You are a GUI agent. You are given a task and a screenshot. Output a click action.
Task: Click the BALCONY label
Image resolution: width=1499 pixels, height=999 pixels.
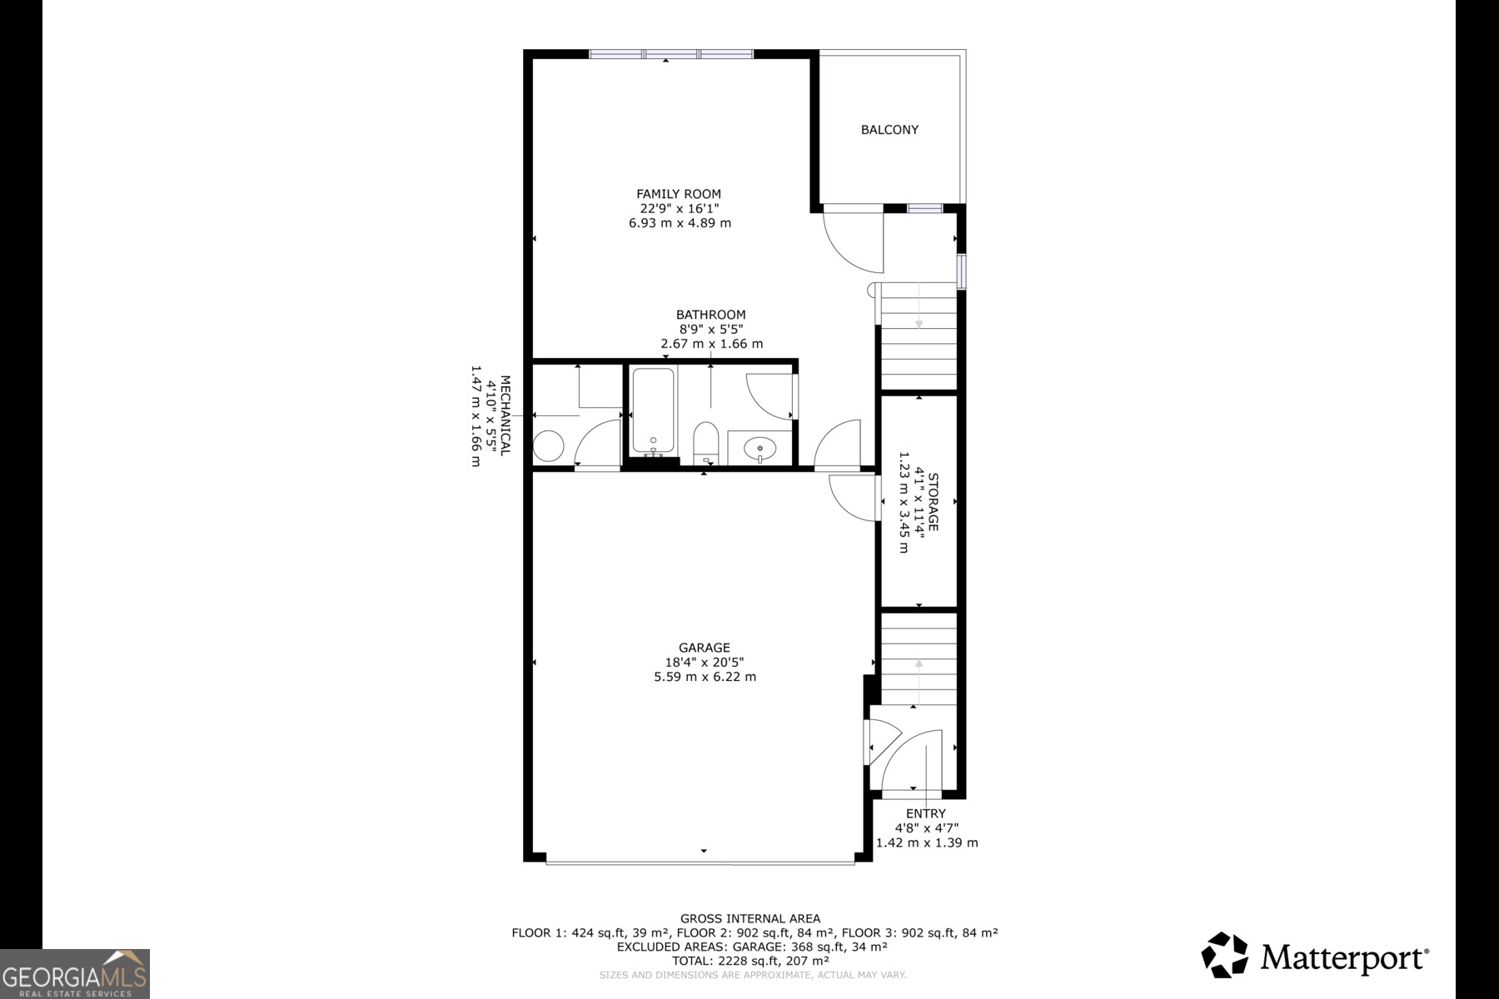889,130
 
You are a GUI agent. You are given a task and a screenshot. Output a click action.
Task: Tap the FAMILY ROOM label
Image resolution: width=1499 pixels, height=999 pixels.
679,194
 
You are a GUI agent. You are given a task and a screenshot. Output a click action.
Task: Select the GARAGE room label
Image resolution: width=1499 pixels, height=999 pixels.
705,648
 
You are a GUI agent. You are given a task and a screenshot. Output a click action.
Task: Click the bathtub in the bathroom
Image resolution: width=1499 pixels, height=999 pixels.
653,411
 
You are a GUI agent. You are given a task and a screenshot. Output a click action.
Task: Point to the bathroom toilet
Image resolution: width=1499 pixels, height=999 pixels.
706,440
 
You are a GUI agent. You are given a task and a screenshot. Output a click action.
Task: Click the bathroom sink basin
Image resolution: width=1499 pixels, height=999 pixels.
759,450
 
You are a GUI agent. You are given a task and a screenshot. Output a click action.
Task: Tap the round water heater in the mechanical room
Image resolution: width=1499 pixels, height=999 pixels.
549,446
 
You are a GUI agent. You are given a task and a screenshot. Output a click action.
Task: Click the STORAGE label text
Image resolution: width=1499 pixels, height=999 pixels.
933,502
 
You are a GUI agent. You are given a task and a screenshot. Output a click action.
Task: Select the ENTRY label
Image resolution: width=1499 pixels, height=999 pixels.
926,813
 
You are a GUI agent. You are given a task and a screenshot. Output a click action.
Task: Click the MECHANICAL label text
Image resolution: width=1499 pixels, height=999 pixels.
505,416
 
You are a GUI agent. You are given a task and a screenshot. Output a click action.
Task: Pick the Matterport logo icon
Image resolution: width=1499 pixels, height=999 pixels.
1224,955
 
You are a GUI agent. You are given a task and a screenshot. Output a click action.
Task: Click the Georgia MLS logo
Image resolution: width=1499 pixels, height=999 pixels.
75,974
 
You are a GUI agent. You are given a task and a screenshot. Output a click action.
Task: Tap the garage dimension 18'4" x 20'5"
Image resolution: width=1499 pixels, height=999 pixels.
705,663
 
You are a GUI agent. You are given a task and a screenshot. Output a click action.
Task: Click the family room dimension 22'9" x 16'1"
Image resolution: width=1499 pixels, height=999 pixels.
679,209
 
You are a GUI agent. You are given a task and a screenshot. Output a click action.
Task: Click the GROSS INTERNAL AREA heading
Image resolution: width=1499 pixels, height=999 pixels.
749,919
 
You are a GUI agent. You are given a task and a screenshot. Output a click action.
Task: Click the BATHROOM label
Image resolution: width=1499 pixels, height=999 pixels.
710,315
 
